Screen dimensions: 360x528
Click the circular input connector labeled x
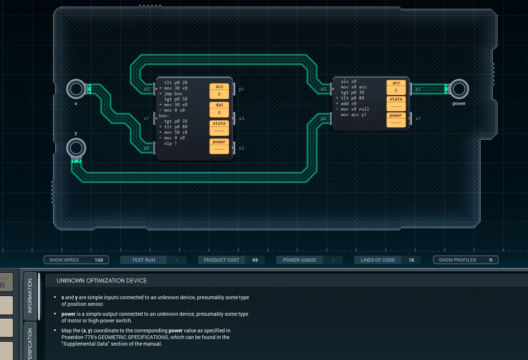coord(76,89)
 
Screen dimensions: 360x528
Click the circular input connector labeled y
coord(76,148)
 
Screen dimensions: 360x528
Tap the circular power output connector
coord(459,89)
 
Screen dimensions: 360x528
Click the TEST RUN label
coord(144,260)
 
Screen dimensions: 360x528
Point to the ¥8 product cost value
coord(255,260)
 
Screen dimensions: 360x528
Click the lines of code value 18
coord(411,260)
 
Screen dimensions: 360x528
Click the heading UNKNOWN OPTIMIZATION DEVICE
coord(102,281)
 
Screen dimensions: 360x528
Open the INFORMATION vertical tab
coord(30,296)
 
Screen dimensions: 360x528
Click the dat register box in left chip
coord(219,109)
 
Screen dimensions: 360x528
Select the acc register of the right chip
coord(396,87)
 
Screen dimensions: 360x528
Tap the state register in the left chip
coord(219,128)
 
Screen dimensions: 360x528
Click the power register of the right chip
coord(396,120)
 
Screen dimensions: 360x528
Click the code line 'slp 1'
coord(170,143)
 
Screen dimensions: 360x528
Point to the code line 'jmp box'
coord(173,94)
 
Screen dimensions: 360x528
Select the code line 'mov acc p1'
coord(353,115)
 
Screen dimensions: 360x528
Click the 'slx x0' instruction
coord(348,81)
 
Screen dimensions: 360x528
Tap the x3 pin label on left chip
coord(242,119)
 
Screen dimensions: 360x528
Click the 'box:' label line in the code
coord(164,116)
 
